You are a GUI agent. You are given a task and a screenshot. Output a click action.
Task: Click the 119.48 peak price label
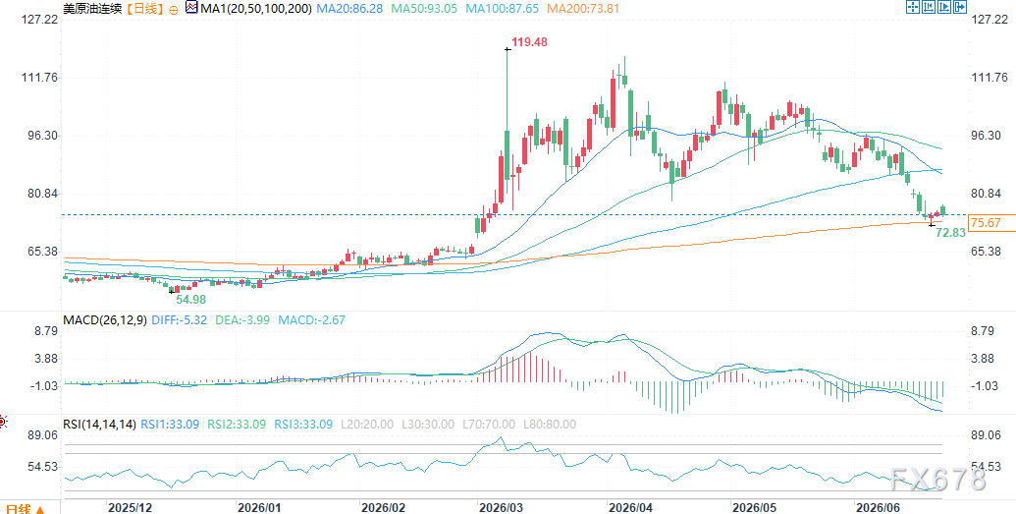point(529,42)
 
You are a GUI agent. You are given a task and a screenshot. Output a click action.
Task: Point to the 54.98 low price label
point(190,299)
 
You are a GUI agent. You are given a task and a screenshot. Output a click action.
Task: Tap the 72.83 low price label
point(951,232)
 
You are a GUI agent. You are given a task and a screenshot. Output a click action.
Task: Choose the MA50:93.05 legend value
point(424,9)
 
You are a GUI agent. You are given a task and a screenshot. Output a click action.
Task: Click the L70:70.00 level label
point(488,425)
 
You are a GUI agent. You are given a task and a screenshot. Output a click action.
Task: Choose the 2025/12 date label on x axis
point(130,506)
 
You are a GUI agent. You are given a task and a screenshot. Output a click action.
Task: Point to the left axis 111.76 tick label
point(40,78)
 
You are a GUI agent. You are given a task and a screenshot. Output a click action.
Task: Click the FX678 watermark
point(938,480)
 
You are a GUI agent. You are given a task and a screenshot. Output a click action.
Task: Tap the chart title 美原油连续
point(91,9)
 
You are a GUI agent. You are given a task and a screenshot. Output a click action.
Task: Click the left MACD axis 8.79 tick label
point(46,331)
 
